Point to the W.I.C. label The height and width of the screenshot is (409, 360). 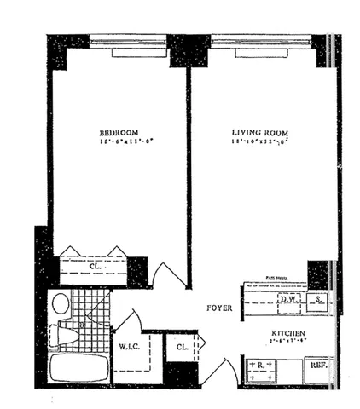[x=130, y=347]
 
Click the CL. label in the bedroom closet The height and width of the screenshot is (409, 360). [x=93, y=265]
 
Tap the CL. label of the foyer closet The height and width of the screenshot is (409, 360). [x=183, y=347]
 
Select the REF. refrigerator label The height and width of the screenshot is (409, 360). [x=318, y=365]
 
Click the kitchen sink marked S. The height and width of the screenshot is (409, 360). [x=318, y=300]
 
